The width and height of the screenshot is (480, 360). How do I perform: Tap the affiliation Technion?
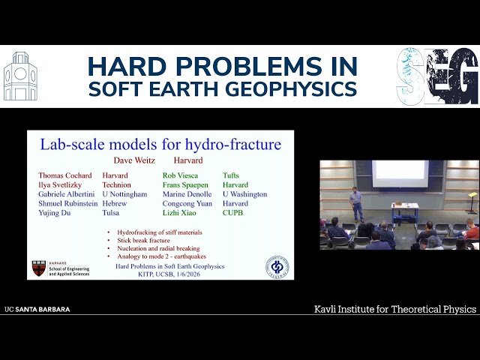116,184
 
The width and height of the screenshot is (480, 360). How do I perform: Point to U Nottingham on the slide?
125,194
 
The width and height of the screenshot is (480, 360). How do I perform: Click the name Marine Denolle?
187,194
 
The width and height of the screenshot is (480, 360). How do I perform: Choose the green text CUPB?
233,213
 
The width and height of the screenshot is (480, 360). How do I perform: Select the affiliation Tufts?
230,175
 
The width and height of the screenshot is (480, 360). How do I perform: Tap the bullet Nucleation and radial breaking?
160,247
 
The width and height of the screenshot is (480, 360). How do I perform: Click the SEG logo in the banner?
437,76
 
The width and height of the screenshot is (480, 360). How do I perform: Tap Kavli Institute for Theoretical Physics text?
394,309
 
